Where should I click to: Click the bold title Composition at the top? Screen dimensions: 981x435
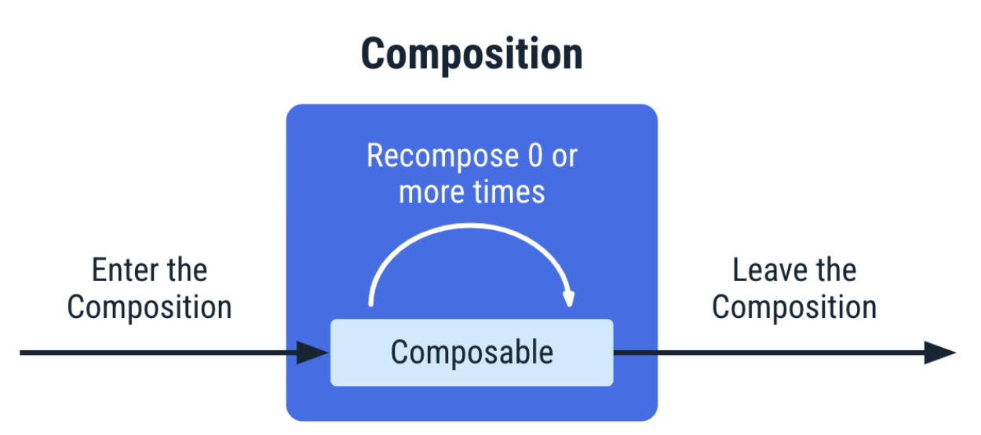click(472, 54)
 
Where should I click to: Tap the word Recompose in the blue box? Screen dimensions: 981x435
click(443, 156)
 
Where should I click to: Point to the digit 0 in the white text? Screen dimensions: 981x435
click(535, 155)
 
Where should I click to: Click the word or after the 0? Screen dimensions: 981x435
click(564, 158)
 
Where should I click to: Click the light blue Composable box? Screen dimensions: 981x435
click(472, 353)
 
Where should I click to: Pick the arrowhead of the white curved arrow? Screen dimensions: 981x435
click(568, 298)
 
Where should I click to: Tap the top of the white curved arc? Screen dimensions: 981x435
click(471, 226)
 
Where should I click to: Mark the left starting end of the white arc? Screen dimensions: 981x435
click(371, 304)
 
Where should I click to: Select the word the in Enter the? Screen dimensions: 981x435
click(187, 270)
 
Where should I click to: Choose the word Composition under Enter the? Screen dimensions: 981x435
click(149, 307)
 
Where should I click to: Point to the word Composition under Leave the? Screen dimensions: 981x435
click(794, 307)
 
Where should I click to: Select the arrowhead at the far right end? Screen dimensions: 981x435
click(940, 353)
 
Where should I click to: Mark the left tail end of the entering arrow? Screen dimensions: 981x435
click(20, 353)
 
